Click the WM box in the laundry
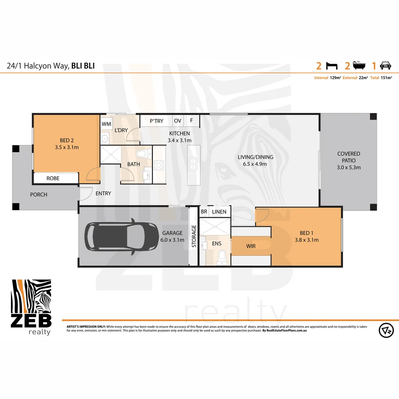[106, 124]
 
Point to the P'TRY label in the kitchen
[156, 121]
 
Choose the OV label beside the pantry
[178, 121]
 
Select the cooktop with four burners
[159, 165]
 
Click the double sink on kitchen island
[193, 164]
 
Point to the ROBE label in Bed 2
[53, 178]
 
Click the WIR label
[250, 246]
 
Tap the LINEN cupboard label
[219, 212]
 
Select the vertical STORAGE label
[194, 236]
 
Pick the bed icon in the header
[332, 66]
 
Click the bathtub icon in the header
[359, 66]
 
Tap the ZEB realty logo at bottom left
[31, 307]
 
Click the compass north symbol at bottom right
[386, 330]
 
